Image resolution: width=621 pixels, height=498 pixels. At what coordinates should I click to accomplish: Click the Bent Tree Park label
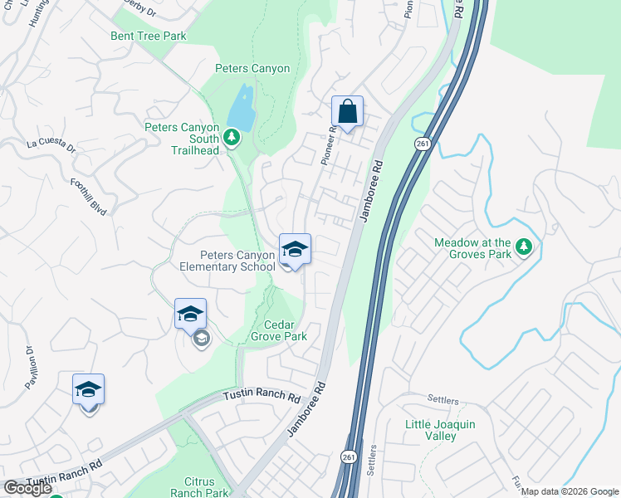(x=149, y=37)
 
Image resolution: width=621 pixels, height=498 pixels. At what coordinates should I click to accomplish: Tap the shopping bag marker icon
(x=347, y=112)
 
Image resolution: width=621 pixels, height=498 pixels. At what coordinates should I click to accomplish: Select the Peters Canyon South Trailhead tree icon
(x=233, y=134)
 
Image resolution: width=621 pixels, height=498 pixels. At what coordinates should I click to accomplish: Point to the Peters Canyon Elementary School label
(x=227, y=261)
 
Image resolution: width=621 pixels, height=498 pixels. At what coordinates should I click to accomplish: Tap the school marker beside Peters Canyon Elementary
(x=295, y=248)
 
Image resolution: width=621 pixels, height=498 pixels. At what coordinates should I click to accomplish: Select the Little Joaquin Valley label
(x=439, y=430)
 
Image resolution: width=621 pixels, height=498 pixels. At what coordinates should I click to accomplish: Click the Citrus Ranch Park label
(x=199, y=487)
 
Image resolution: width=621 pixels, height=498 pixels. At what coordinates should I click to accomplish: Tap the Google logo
(x=27, y=488)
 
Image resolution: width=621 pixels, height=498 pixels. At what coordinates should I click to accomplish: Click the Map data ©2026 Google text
(x=570, y=491)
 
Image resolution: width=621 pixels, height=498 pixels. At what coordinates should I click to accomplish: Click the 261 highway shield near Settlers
(x=348, y=457)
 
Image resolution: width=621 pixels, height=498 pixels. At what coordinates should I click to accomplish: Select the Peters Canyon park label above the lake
(x=252, y=68)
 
